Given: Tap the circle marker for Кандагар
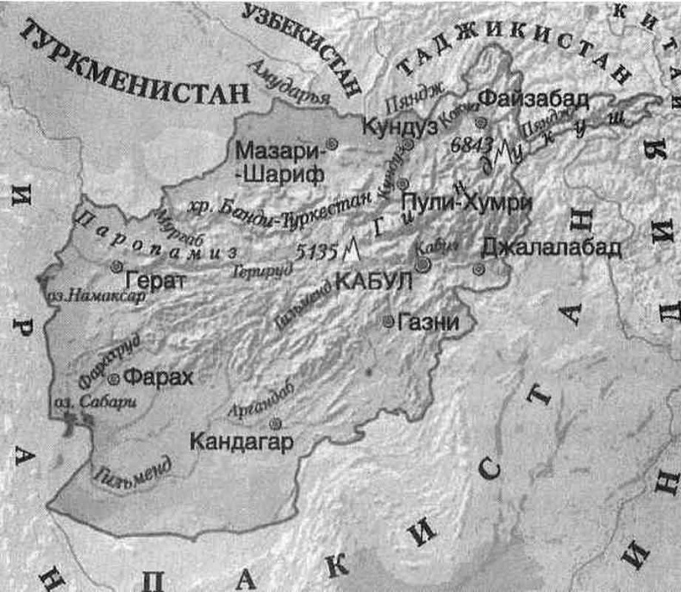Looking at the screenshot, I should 275,424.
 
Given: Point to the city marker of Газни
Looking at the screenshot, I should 389,322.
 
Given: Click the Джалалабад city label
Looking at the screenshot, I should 551,247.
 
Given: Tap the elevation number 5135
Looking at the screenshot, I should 316,254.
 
